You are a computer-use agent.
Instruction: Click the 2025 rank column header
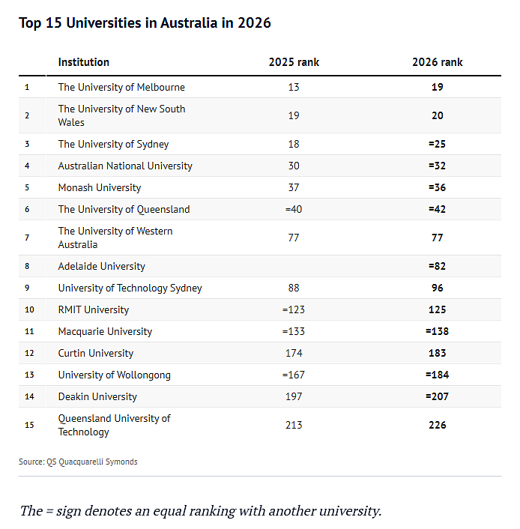(294, 62)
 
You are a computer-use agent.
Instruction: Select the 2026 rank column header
(438, 62)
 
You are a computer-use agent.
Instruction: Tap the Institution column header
(84, 62)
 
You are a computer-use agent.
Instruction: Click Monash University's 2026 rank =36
(437, 187)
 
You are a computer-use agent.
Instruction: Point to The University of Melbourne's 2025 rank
(294, 87)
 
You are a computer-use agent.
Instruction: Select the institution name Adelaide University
(102, 267)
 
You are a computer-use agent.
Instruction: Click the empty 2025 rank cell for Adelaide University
(294, 266)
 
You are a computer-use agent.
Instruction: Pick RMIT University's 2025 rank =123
(294, 309)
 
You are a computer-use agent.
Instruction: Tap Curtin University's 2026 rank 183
(438, 353)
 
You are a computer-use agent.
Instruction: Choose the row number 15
(29, 425)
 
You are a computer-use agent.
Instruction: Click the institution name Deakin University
(97, 397)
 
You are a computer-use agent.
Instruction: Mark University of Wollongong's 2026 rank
(437, 375)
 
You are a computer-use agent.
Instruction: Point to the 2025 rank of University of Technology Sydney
(294, 288)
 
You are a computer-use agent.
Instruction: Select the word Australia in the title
(189, 23)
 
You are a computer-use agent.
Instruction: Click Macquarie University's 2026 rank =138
(437, 331)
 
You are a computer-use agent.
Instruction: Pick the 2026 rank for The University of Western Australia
(438, 238)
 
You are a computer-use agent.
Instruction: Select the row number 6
(27, 209)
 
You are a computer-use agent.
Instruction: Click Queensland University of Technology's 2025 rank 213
(294, 425)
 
